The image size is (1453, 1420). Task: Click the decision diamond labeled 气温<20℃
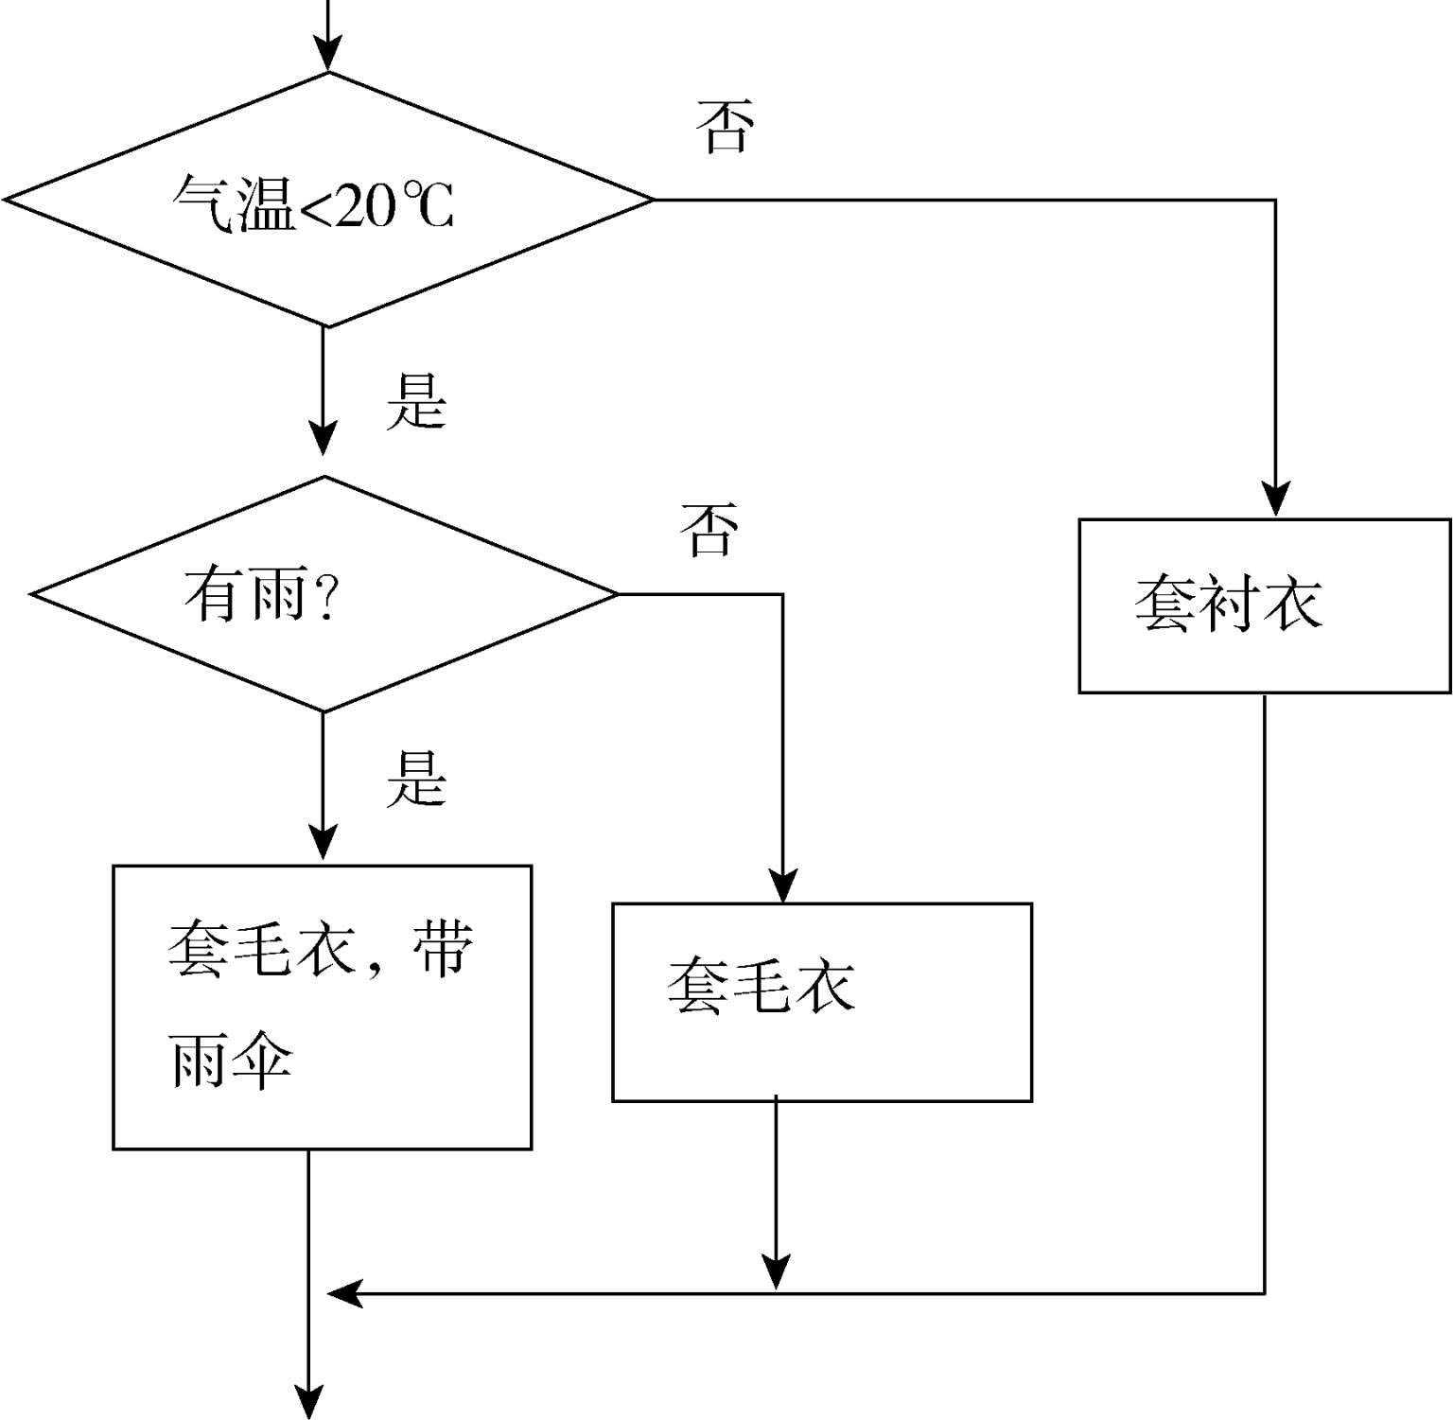(327, 201)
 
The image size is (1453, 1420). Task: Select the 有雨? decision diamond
(324, 594)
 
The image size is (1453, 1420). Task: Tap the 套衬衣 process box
(1265, 605)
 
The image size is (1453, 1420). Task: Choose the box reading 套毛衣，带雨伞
(322, 1007)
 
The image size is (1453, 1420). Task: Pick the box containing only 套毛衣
(821, 1002)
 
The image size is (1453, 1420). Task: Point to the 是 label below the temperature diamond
(415, 401)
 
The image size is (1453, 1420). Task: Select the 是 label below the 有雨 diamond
(415, 780)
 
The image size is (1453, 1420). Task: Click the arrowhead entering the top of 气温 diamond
(328, 57)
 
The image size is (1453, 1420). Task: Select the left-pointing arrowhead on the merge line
(342, 1292)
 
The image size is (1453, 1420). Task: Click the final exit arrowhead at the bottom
(309, 1404)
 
